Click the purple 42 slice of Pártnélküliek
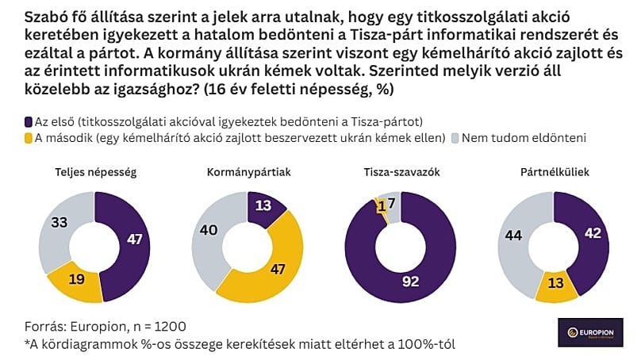pyautogui.click(x=592, y=234)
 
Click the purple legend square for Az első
pyautogui.click(x=29, y=121)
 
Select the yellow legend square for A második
pyautogui.click(x=29, y=138)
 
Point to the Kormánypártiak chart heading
pyautogui.click(x=246, y=172)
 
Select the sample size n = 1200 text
pyautogui.click(x=156, y=326)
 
